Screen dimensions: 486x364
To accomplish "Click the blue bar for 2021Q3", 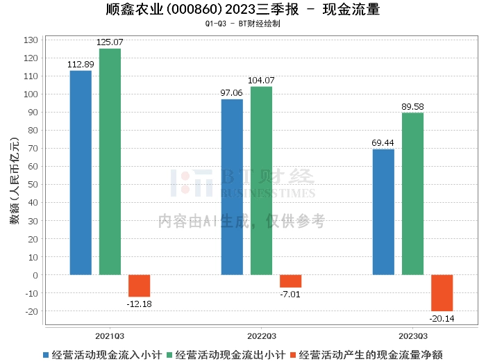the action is pyautogui.click(x=81, y=173).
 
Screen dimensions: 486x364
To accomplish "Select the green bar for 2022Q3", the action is pyautogui.click(x=261, y=181).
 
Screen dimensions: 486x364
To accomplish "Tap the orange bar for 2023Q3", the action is pyautogui.click(x=442, y=293).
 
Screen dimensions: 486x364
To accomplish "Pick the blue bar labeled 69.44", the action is pyautogui.click(x=383, y=212).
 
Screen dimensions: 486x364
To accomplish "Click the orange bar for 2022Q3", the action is pyautogui.click(x=290, y=281).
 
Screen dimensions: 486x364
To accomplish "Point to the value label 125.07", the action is pyautogui.click(x=110, y=42).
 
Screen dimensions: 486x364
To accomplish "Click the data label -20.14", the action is pyautogui.click(x=442, y=318).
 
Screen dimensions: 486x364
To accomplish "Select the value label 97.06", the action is pyautogui.click(x=231, y=92).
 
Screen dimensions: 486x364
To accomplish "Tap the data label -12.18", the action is pyautogui.click(x=139, y=304).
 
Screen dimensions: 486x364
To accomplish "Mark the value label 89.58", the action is pyautogui.click(x=412, y=107).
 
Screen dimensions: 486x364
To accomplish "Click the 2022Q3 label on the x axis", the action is pyautogui.click(x=261, y=336).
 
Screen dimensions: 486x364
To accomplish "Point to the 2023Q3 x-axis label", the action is pyautogui.click(x=413, y=336).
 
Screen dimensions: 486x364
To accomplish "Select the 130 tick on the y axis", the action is pyautogui.click(x=31, y=40).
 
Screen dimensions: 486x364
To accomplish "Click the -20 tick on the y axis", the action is pyautogui.click(x=32, y=311).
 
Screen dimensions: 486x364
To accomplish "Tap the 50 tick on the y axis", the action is pyautogui.click(x=33, y=185).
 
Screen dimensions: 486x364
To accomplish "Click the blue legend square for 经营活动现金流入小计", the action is pyautogui.click(x=46, y=355).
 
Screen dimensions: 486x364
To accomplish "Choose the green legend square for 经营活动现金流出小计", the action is pyautogui.click(x=169, y=355).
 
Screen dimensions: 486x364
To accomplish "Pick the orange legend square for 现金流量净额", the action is pyautogui.click(x=293, y=355).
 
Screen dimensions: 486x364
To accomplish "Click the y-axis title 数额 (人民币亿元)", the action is pyautogui.click(x=15, y=181).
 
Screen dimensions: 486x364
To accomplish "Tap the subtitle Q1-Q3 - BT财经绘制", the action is pyautogui.click(x=243, y=24).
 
